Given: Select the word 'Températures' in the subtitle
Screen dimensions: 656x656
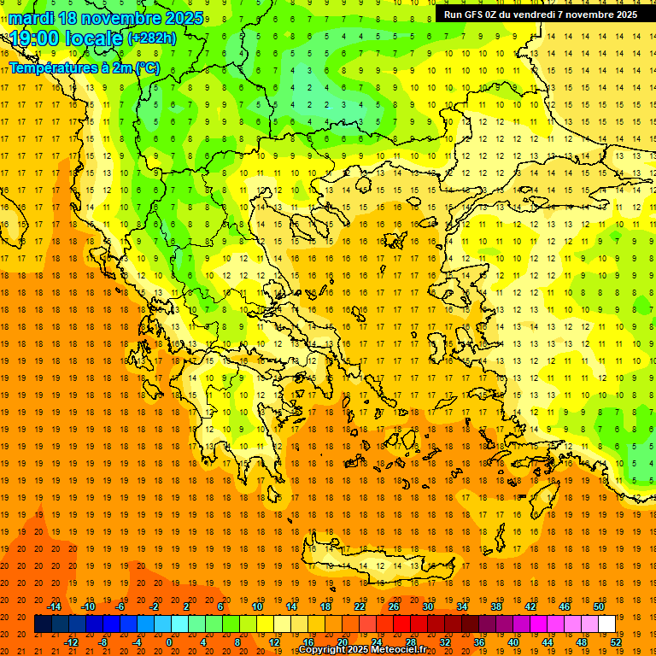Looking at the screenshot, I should coord(51,67).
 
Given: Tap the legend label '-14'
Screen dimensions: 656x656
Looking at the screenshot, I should coord(54,606).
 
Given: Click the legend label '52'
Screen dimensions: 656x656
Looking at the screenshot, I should coord(616,642).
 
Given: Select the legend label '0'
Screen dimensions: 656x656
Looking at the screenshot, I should coord(169,642).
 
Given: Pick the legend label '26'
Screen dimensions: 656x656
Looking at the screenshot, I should coord(394,606).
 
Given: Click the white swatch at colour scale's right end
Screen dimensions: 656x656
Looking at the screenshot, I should coord(606,624).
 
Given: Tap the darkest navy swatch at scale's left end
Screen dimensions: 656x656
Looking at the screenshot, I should coord(43,624).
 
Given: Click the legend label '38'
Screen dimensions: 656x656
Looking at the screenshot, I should coord(495,606).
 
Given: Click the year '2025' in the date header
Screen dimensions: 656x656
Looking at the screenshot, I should coord(184,18).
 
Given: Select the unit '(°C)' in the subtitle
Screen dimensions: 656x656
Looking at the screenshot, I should coord(144,67).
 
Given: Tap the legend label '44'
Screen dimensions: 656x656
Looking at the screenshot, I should coord(548,642).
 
